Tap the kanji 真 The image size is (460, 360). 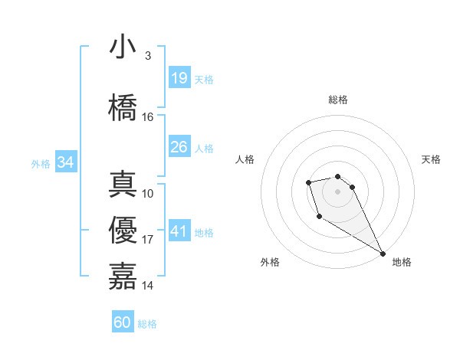(x=123, y=185)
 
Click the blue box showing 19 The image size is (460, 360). (x=179, y=78)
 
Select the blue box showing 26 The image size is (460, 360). (x=179, y=147)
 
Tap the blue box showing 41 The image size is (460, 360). (x=179, y=231)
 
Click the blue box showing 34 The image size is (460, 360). (x=65, y=162)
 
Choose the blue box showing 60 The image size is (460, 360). (x=123, y=322)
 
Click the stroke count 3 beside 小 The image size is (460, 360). (x=147, y=55)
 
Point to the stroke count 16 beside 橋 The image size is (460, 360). (x=147, y=117)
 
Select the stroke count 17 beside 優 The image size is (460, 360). (x=147, y=240)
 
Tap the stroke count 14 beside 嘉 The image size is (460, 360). (x=147, y=286)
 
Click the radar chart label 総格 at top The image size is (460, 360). (x=337, y=100)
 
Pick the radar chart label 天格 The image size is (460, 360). (x=431, y=159)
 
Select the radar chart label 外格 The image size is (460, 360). (x=270, y=262)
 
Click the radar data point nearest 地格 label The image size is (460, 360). (x=383, y=254)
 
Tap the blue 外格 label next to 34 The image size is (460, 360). (x=41, y=163)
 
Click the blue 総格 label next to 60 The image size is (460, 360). (x=147, y=324)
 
